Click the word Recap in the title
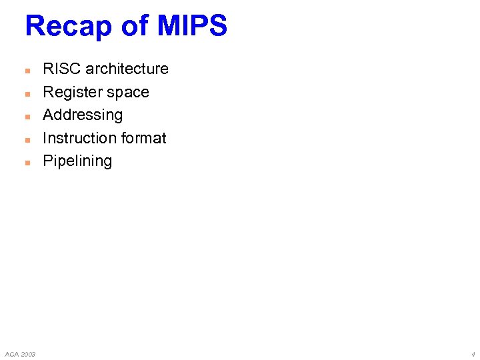tap(67, 27)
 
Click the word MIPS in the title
tap(193, 27)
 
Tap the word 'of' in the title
tap(135, 27)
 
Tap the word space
tap(129, 93)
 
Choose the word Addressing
tap(83, 115)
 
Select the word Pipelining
tap(77, 161)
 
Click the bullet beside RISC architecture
tap(27, 70)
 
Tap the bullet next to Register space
tap(27, 93)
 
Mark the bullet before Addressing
tap(27, 116)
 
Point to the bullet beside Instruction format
tap(27, 139)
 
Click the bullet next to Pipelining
tap(27, 162)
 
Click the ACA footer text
tap(11, 353)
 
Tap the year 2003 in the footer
tap(27, 353)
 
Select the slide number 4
tap(473, 353)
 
